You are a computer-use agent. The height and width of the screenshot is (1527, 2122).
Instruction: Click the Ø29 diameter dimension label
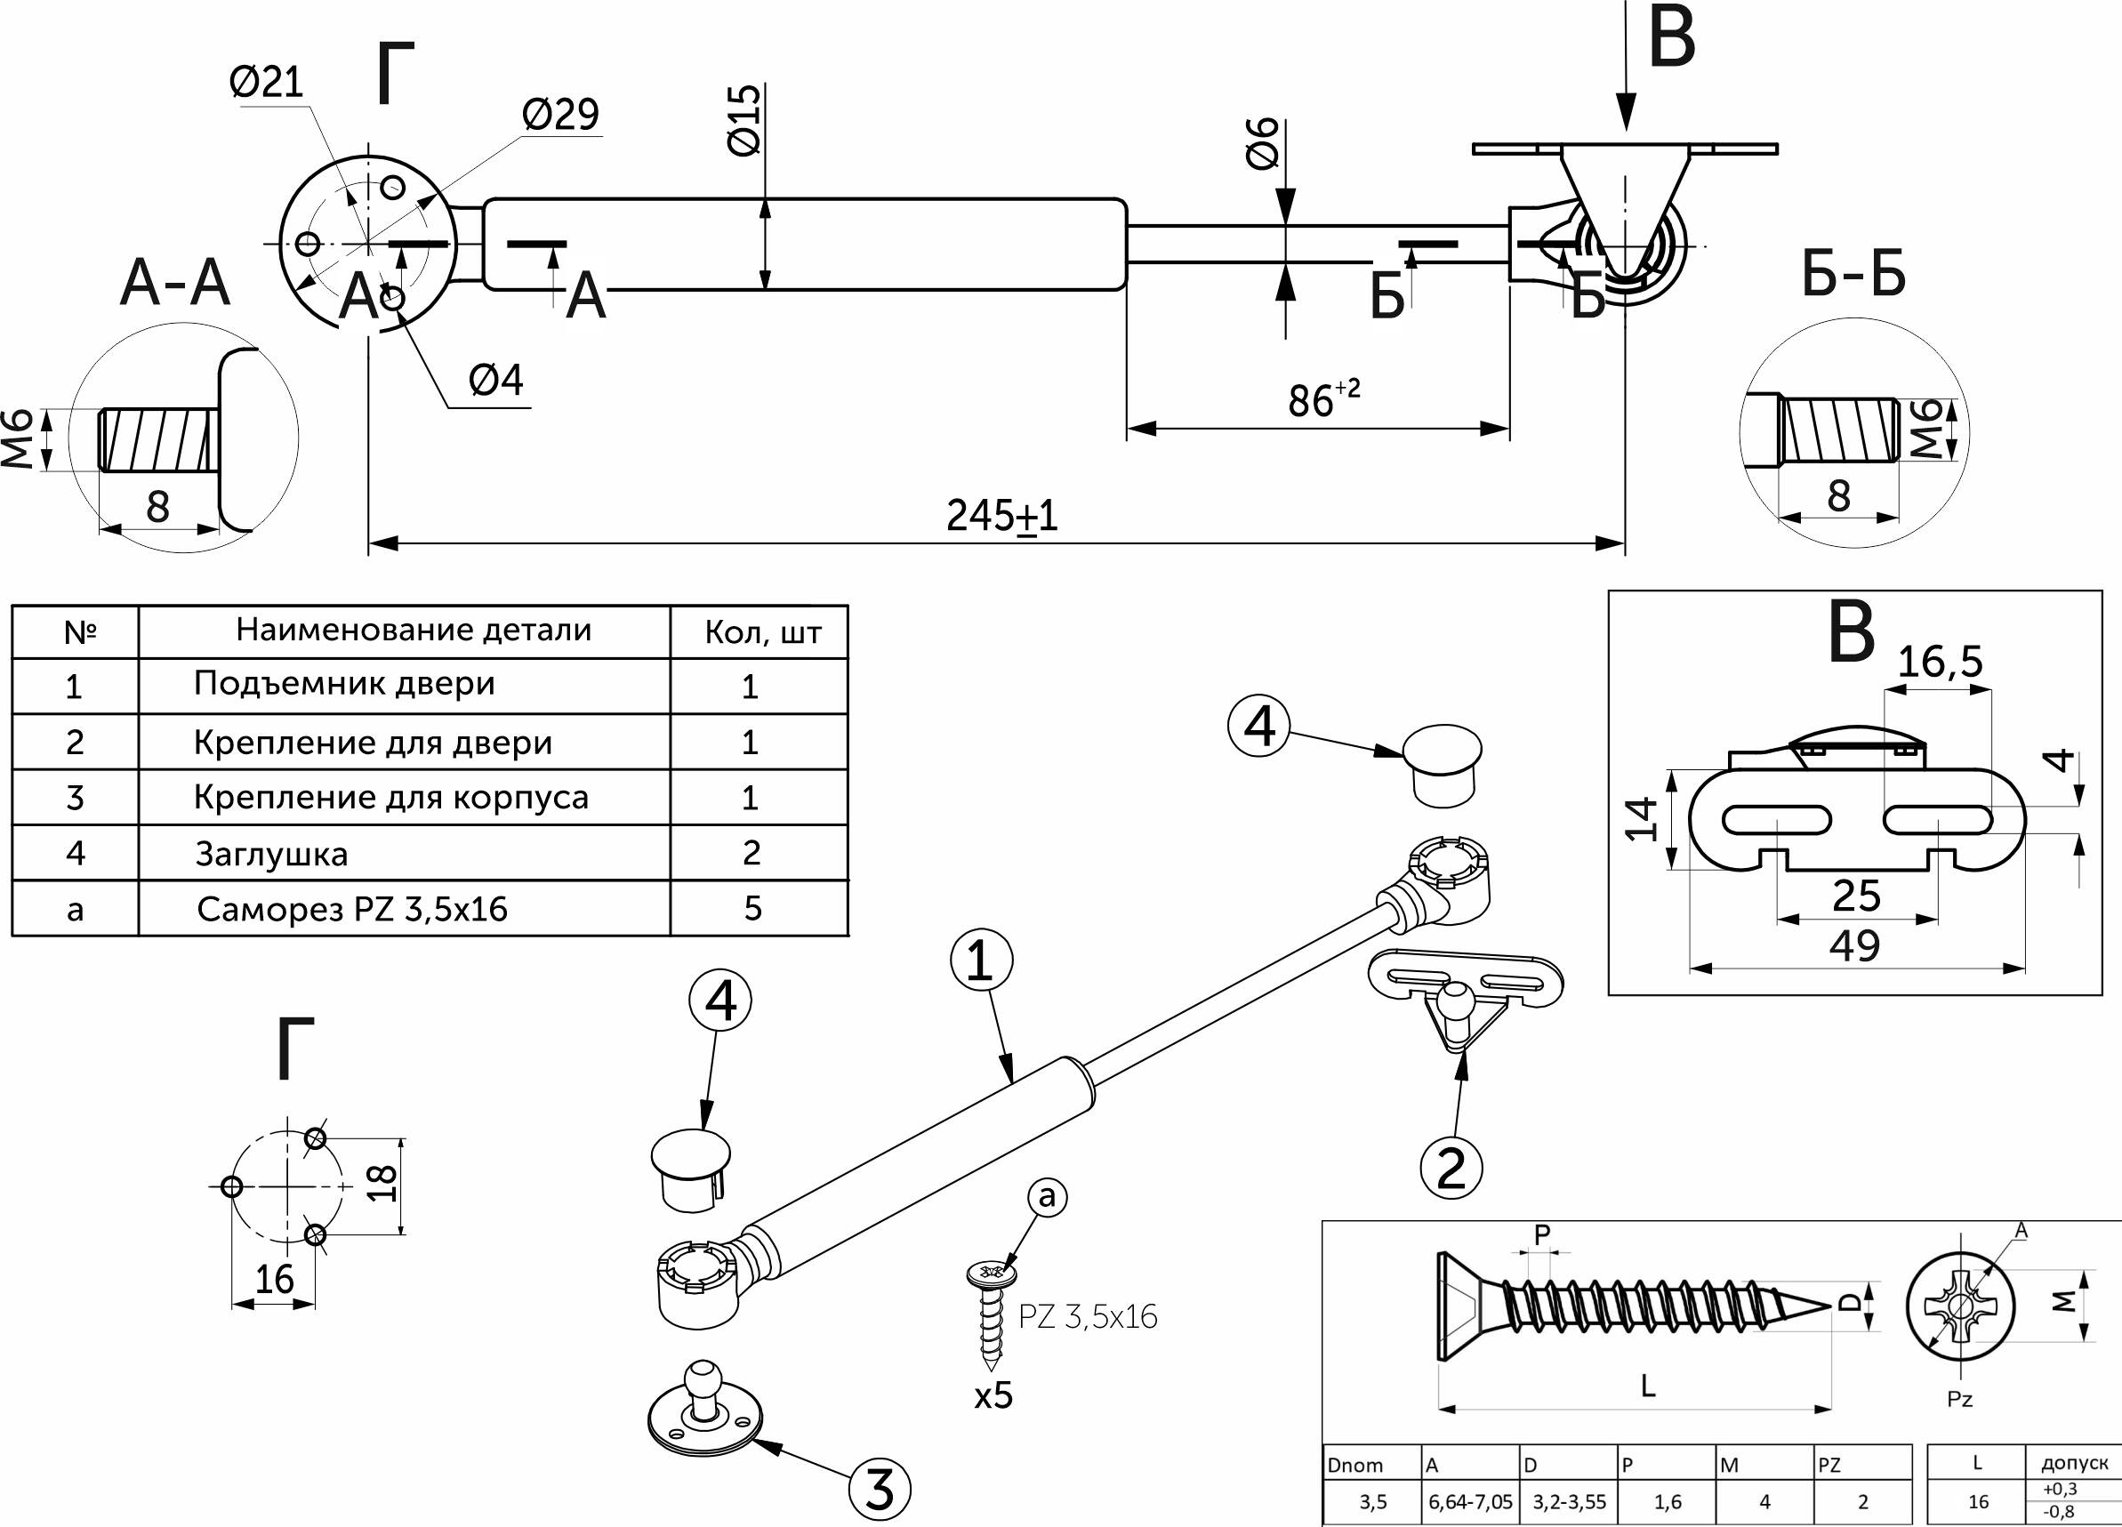[x=560, y=114]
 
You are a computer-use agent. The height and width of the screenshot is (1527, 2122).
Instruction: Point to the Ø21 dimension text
[x=267, y=83]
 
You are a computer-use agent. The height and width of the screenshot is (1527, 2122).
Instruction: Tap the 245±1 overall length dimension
[x=1002, y=516]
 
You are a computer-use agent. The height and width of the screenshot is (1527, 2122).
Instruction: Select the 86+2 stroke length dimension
[x=1323, y=398]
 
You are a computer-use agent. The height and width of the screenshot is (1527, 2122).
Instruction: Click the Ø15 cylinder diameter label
[x=744, y=120]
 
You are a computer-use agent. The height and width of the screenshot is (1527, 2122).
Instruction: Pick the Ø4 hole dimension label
[x=496, y=380]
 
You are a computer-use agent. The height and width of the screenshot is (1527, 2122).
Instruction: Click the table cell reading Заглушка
[x=271, y=855]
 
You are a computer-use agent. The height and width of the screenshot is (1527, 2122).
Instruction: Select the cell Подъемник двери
[x=344, y=684]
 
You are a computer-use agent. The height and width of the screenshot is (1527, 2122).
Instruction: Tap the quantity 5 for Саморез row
[x=752, y=908]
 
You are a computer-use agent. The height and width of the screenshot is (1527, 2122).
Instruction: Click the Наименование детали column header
[x=414, y=630]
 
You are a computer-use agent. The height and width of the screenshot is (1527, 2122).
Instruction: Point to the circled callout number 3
[x=880, y=1488]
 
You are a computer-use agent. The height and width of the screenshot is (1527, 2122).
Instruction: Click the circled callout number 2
[x=1451, y=1169]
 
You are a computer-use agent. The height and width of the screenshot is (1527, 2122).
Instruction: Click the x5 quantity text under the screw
[x=993, y=1395]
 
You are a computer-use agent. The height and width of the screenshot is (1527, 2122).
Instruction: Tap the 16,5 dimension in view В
[x=1940, y=663]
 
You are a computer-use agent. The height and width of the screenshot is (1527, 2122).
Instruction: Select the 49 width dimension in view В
[x=1855, y=946]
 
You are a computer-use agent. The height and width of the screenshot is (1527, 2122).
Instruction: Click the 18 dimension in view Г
[x=382, y=1184]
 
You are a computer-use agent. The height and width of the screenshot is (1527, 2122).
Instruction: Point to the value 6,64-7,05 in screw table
[x=1470, y=1502]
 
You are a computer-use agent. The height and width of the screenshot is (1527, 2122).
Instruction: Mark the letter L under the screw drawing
[x=1648, y=1386]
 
